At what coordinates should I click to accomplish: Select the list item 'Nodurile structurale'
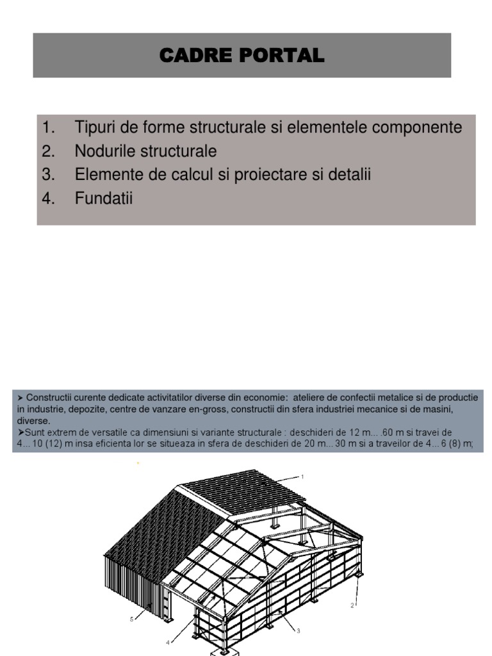(x=145, y=151)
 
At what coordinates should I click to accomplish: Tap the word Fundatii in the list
(x=103, y=199)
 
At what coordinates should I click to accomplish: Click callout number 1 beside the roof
(x=302, y=477)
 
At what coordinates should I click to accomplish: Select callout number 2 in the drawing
(x=352, y=605)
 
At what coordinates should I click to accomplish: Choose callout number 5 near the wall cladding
(x=132, y=619)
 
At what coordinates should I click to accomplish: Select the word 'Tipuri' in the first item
(x=94, y=127)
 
